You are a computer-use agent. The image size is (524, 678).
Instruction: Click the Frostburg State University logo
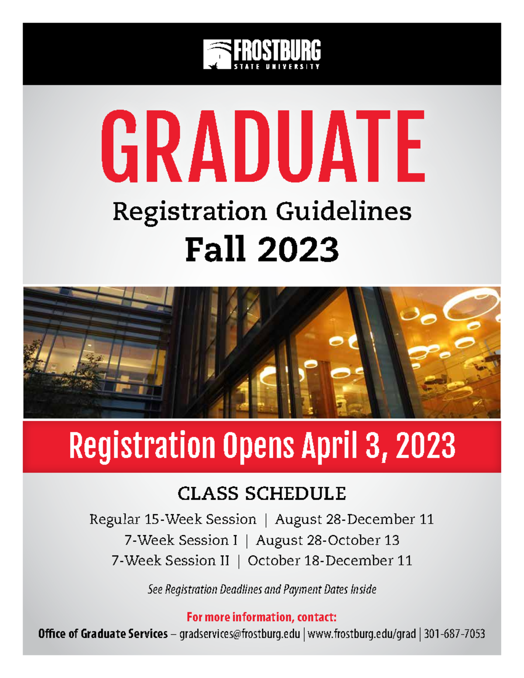[x=262, y=54]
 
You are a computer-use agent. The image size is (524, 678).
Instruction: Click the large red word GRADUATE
[x=262, y=146]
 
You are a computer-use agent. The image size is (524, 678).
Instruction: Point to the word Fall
[x=214, y=249]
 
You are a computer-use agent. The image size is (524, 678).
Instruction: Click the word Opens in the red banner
[x=259, y=446]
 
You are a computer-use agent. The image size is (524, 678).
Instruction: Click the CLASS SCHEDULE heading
[x=262, y=494]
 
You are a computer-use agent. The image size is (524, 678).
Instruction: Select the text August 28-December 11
[x=354, y=519]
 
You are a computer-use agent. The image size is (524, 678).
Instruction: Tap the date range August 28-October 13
[x=327, y=540]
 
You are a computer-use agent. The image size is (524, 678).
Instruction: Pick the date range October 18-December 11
[x=330, y=561]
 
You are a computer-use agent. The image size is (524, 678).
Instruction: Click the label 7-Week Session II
[x=170, y=561]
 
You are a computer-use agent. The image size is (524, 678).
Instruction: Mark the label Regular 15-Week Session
[x=173, y=519]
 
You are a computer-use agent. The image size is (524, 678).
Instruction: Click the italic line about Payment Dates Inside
[x=262, y=589]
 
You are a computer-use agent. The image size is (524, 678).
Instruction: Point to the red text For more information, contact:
[x=262, y=617]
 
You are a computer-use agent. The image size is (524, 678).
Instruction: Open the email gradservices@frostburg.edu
[x=240, y=634]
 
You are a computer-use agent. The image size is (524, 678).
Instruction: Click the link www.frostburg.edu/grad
[x=362, y=634]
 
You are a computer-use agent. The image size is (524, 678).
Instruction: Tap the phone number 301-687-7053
[x=454, y=634]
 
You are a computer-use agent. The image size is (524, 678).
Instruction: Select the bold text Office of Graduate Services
[x=103, y=634]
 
